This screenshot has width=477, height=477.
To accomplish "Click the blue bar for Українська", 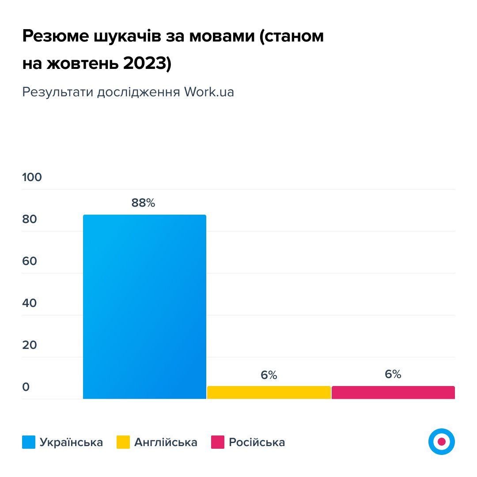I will click(x=144, y=307).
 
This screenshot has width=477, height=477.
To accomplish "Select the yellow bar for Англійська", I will click(x=269, y=392).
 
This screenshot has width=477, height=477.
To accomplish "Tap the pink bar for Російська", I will click(x=393, y=392).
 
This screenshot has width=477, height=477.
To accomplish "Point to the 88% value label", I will click(x=143, y=203).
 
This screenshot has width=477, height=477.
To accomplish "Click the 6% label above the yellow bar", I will click(x=269, y=375).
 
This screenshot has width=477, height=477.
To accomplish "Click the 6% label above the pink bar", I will click(x=393, y=375).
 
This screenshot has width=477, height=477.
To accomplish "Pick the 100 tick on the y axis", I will click(x=32, y=177).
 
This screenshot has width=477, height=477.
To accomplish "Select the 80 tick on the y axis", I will click(x=30, y=219).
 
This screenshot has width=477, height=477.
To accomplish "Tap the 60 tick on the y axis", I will click(x=30, y=261).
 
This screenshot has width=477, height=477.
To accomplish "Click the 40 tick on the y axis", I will click(x=30, y=303).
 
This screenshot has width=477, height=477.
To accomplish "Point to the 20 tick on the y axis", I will click(x=30, y=345).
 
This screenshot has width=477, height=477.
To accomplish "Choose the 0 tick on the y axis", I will click(x=26, y=387).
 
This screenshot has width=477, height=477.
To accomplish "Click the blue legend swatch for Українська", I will click(x=29, y=442).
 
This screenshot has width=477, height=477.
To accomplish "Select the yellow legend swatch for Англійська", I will click(x=123, y=442).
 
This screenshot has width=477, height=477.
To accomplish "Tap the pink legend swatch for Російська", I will click(x=218, y=442).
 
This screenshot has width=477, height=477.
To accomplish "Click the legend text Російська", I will click(x=257, y=442).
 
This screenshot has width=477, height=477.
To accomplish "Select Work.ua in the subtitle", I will click(x=209, y=92).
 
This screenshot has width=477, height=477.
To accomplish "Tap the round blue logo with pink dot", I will click(x=441, y=441).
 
